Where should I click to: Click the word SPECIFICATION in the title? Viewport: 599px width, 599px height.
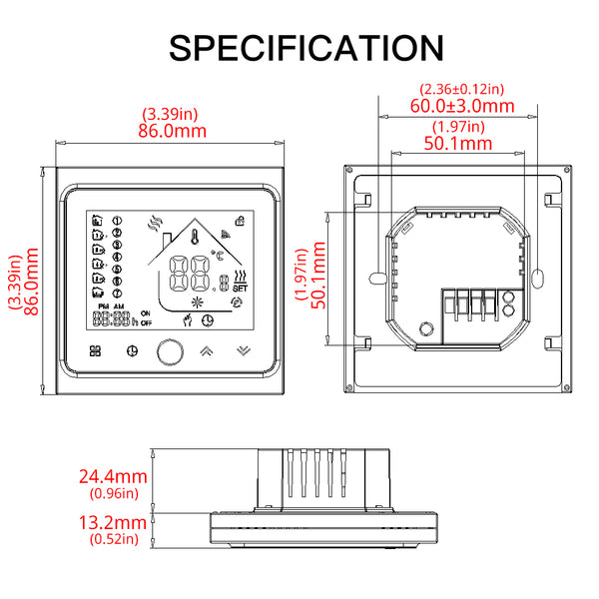click(x=306, y=47)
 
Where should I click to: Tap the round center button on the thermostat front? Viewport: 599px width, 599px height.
click(x=169, y=351)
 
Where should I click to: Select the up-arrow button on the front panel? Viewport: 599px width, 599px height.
click(x=208, y=351)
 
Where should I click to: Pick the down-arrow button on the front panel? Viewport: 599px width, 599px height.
click(x=244, y=351)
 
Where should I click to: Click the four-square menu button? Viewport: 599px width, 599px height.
click(x=96, y=351)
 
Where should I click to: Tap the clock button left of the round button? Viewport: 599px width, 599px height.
click(x=131, y=351)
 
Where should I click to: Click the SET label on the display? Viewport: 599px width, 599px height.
click(x=240, y=291)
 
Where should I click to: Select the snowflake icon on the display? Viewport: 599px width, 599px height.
click(x=196, y=300)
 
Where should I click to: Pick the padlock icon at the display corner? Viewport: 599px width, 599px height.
click(x=240, y=220)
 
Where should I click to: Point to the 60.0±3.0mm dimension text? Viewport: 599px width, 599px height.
click(x=463, y=106)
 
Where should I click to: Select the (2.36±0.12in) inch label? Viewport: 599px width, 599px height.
click(x=463, y=89)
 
